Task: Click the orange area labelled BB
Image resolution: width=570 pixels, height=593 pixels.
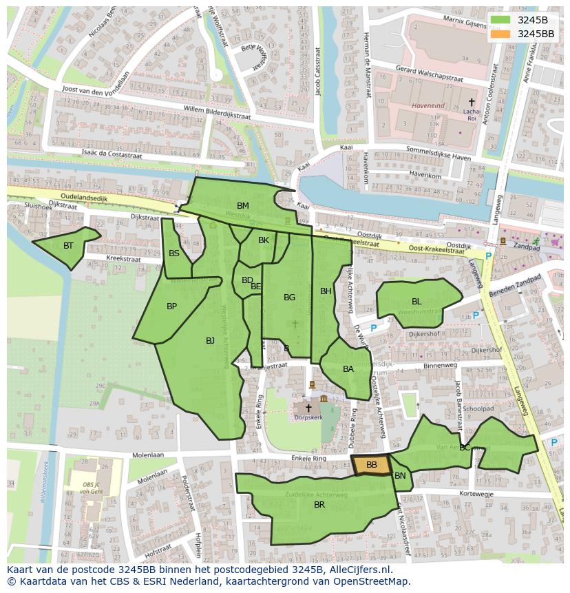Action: coord(371,466)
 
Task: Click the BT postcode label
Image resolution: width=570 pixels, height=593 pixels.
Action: coord(68,246)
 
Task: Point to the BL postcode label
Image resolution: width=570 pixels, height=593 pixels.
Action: coord(416,302)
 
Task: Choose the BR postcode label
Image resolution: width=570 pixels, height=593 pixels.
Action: coord(319,505)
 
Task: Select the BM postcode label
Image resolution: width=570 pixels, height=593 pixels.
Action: coord(243,206)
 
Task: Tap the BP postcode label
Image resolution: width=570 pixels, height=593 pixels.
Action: coord(172,306)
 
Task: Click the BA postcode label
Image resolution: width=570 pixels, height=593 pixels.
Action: coord(348,369)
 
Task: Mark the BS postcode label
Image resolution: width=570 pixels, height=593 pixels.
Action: coord(174,253)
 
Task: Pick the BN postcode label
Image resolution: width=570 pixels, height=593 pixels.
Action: coord(400,476)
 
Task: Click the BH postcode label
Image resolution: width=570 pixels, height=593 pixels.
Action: coord(326,291)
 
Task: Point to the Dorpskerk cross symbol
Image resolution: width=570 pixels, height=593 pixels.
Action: coord(308,408)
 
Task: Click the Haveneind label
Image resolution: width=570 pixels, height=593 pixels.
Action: coord(428,106)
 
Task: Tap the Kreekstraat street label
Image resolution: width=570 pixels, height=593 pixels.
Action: coord(123,260)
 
